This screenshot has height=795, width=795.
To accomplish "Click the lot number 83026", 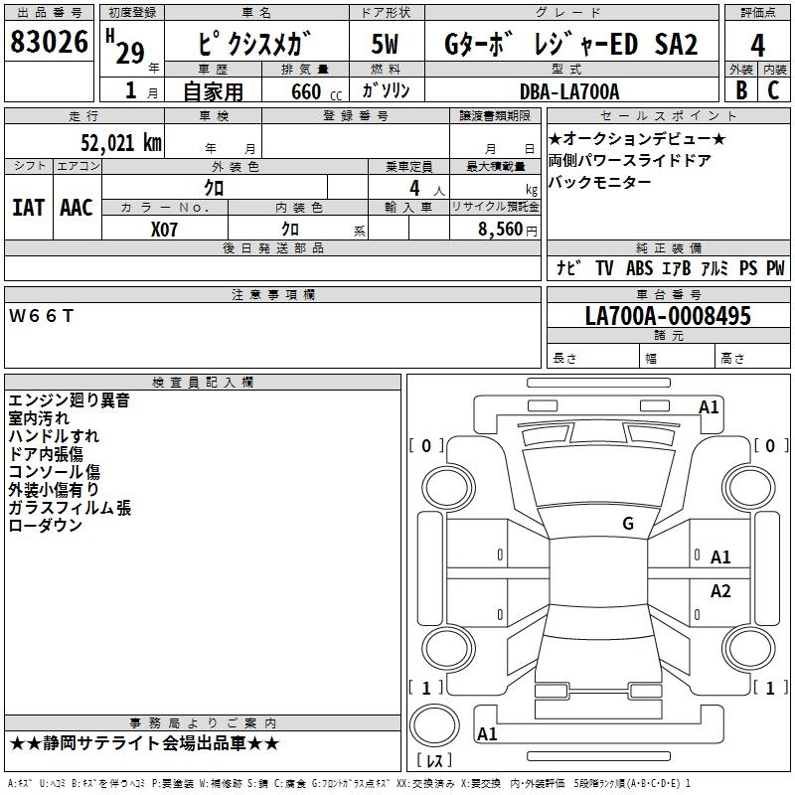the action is (49, 43).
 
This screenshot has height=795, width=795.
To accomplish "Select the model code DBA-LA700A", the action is (569, 91).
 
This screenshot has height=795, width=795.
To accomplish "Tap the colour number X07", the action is (164, 228).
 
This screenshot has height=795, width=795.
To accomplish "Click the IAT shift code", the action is (28, 208).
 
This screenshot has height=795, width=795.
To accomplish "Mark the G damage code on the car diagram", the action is (628, 524).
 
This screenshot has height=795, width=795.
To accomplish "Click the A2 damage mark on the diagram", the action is (720, 591).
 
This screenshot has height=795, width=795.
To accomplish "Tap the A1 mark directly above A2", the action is (720, 557).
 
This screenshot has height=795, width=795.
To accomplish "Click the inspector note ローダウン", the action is (45, 526).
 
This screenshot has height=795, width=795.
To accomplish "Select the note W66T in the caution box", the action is (41, 315).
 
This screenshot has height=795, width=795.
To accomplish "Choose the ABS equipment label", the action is (639, 268).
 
